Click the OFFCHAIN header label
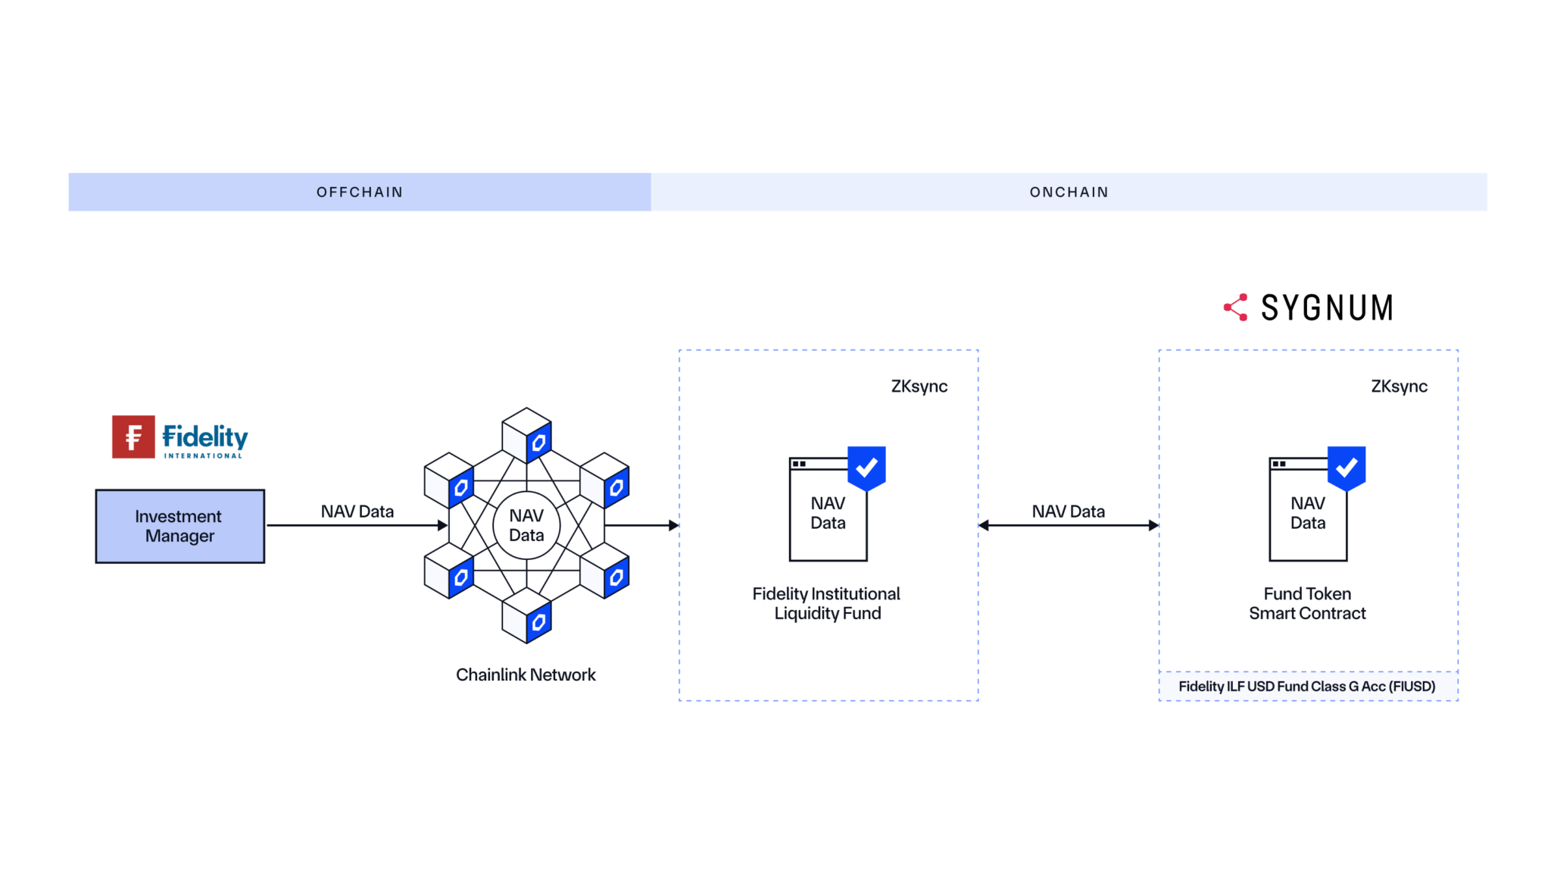[360, 192]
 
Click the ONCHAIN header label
[1069, 192]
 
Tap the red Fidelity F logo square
[133, 436]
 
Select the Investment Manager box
[180, 526]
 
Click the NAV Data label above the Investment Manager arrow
[357, 512]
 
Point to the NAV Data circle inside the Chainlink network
[526, 525]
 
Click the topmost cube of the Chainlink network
[527, 434]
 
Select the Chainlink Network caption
[526, 674]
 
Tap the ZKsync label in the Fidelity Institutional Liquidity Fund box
[919, 386]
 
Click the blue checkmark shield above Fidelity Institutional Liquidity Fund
[866, 468]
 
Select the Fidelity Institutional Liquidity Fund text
[826, 603]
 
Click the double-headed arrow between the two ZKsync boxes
[1068, 525]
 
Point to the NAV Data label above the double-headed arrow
[1068, 512]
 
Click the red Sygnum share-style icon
[1236, 307]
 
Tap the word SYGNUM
[1327, 308]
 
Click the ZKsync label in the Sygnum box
[1399, 386]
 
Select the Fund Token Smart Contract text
[1307, 603]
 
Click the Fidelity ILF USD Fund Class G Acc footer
[1307, 687]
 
